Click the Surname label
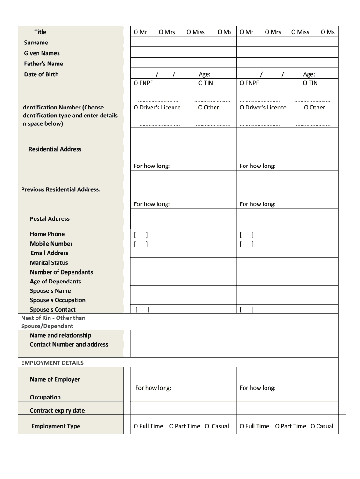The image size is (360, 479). [36, 43]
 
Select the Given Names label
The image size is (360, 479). [42, 53]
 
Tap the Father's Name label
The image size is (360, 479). [43, 64]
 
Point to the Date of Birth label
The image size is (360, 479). [41, 74]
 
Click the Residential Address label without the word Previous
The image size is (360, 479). [55, 149]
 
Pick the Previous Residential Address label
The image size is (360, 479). [61, 189]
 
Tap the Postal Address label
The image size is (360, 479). [50, 219]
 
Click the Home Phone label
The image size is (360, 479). [47, 234]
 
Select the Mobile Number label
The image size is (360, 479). [51, 244]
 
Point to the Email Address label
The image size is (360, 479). [49, 253]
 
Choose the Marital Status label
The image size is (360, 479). [49, 263]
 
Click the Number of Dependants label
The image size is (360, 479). [61, 272]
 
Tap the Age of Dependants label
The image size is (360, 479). [55, 282]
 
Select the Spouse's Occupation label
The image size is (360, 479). [58, 300]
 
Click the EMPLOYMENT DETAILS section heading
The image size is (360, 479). [52, 363]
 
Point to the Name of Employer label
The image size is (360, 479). [55, 380]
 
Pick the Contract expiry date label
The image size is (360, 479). [57, 411]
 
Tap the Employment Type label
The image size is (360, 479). [56, 426]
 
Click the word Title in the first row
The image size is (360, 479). [40, 32]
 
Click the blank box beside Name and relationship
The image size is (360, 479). [234, 344]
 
